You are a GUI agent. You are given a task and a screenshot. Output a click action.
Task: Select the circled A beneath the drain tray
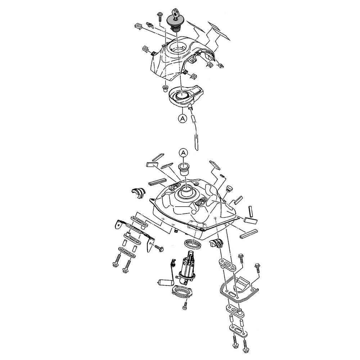[183, 118]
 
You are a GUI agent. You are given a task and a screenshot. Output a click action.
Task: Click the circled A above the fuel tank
[183, 153]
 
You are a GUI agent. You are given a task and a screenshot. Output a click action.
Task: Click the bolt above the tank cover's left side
[159, 16]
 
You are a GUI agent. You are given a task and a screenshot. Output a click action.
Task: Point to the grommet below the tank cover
[165, 88]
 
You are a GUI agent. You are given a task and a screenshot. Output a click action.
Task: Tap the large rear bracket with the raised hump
[239, 286]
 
